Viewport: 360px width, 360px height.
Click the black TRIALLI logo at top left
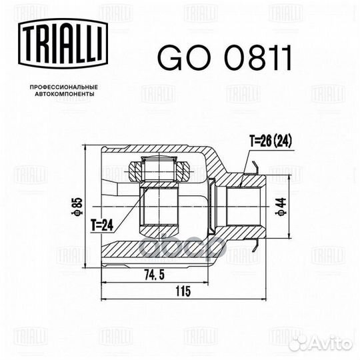pyautogui.click(x=63, y=43)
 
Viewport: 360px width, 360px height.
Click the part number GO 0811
pyautogui.click(x=225, y=57)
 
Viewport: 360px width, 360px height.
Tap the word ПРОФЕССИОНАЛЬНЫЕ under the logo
pyautogui.click(x=64, y=87)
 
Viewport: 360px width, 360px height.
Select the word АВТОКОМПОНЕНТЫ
pyautogui.click(x=65, y=94)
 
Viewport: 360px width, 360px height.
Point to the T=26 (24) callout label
pyautogui.click(x=271, y=141)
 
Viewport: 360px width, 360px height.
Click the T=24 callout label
pyautogui.click(x=102, y=225)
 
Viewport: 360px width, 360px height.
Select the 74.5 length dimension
pyautogui.click(x=154, y=275)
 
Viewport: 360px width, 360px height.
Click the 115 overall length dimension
pyautogui.click(x=183, y=291)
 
